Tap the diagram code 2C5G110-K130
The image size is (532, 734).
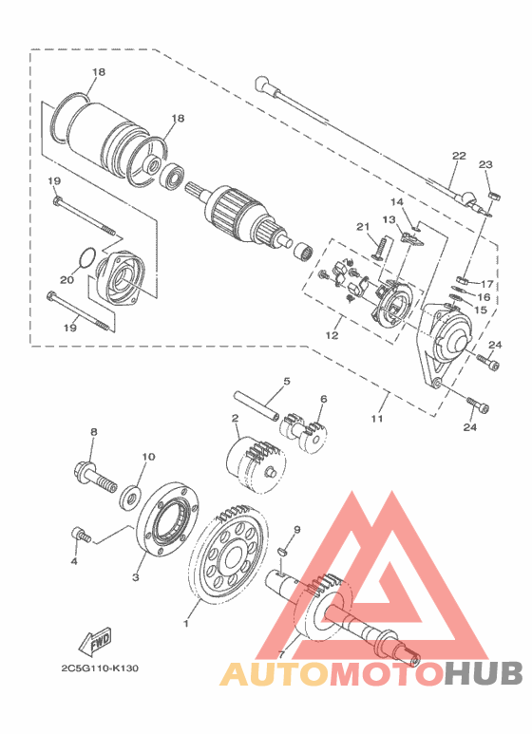(100, 668)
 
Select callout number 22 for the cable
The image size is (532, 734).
(459, 156)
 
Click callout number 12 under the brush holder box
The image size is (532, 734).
(332, 335)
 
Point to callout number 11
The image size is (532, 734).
(377, 419)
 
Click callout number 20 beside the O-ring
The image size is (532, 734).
(66, 280)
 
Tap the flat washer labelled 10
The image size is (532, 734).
(130, 498)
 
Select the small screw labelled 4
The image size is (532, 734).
(81, 535)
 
